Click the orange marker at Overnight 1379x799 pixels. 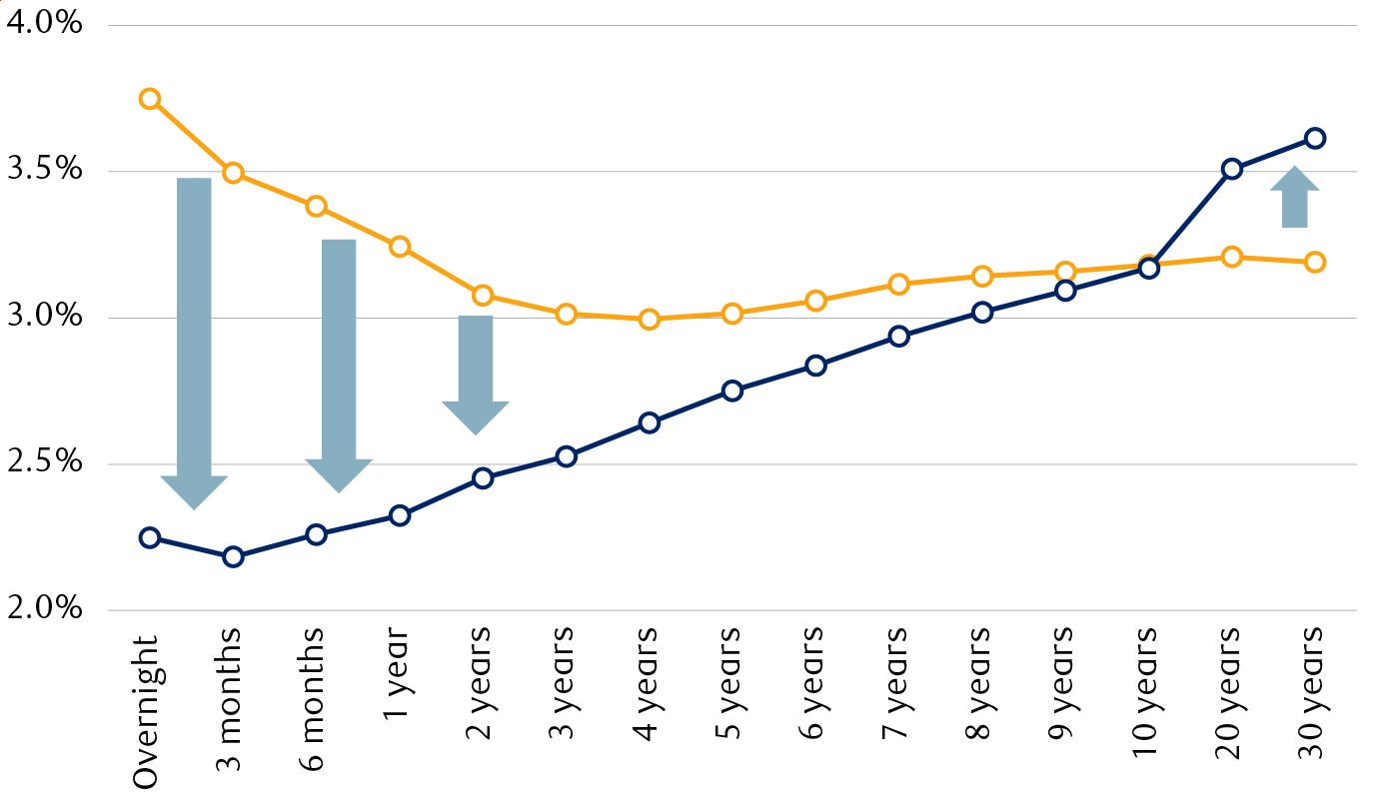150,99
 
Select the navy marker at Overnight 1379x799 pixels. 150,537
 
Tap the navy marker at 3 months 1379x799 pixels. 233,556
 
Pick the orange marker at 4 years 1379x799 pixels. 650,320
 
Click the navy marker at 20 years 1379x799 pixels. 1232,169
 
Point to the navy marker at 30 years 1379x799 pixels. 1315,138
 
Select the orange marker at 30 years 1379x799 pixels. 1315,262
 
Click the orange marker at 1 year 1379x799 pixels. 400,247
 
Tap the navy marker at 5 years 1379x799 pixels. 732,391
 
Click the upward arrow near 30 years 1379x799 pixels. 1295,198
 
